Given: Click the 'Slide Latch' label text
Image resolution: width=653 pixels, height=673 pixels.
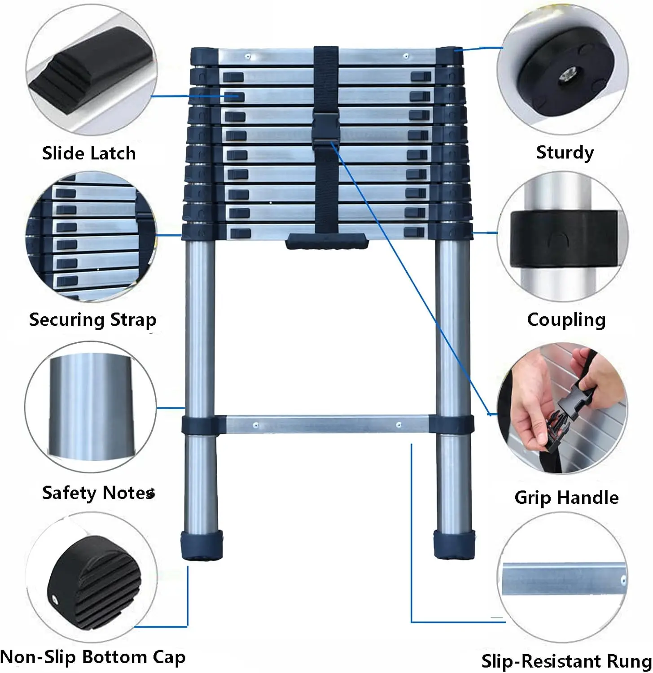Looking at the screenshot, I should click(89, 153).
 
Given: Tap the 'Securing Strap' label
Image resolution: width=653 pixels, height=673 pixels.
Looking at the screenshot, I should click(92, 320).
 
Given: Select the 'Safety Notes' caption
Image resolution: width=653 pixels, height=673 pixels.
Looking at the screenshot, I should click(98, 493).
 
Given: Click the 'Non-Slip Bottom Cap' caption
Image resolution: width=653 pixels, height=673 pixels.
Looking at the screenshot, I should click(93, 657).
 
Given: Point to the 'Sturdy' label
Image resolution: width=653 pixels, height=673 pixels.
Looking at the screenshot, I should click(565, 153).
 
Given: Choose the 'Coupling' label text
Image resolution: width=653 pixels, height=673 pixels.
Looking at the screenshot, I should click(566, 320).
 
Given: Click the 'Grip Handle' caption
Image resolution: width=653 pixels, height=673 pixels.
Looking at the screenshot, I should click(566, 498).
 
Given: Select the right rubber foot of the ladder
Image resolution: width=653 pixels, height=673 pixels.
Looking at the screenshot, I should click(454, 544).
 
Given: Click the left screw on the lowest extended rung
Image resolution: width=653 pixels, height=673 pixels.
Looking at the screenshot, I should click(256, 425).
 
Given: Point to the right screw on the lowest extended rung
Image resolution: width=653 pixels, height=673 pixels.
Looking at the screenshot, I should click(399, 424).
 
